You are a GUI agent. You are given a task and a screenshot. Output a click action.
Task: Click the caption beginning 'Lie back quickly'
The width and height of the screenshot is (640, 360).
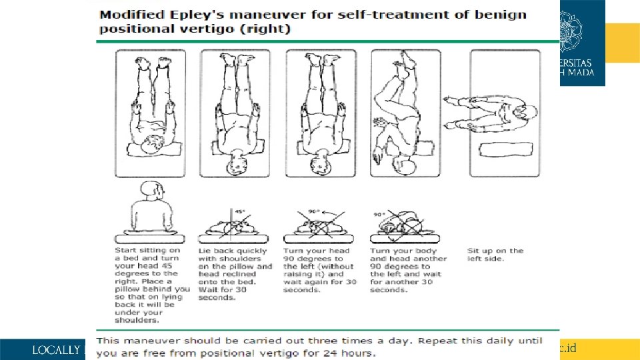tap(235, 274)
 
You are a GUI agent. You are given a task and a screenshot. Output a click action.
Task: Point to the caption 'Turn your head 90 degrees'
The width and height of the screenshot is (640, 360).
tap(320, 270)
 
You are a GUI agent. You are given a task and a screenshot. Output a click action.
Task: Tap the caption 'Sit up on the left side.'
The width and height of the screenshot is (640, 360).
tap(495, 255)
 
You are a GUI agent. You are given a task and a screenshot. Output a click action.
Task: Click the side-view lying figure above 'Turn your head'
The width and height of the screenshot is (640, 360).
tap(321, 224)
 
